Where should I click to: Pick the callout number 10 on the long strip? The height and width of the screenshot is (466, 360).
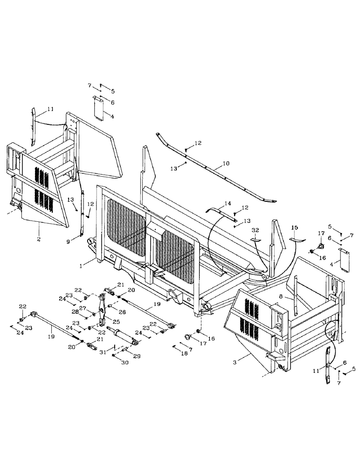tap(226, 164)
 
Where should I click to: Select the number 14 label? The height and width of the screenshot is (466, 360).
tap(228, 203)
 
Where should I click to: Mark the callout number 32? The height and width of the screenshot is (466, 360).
tap(256, 230)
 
